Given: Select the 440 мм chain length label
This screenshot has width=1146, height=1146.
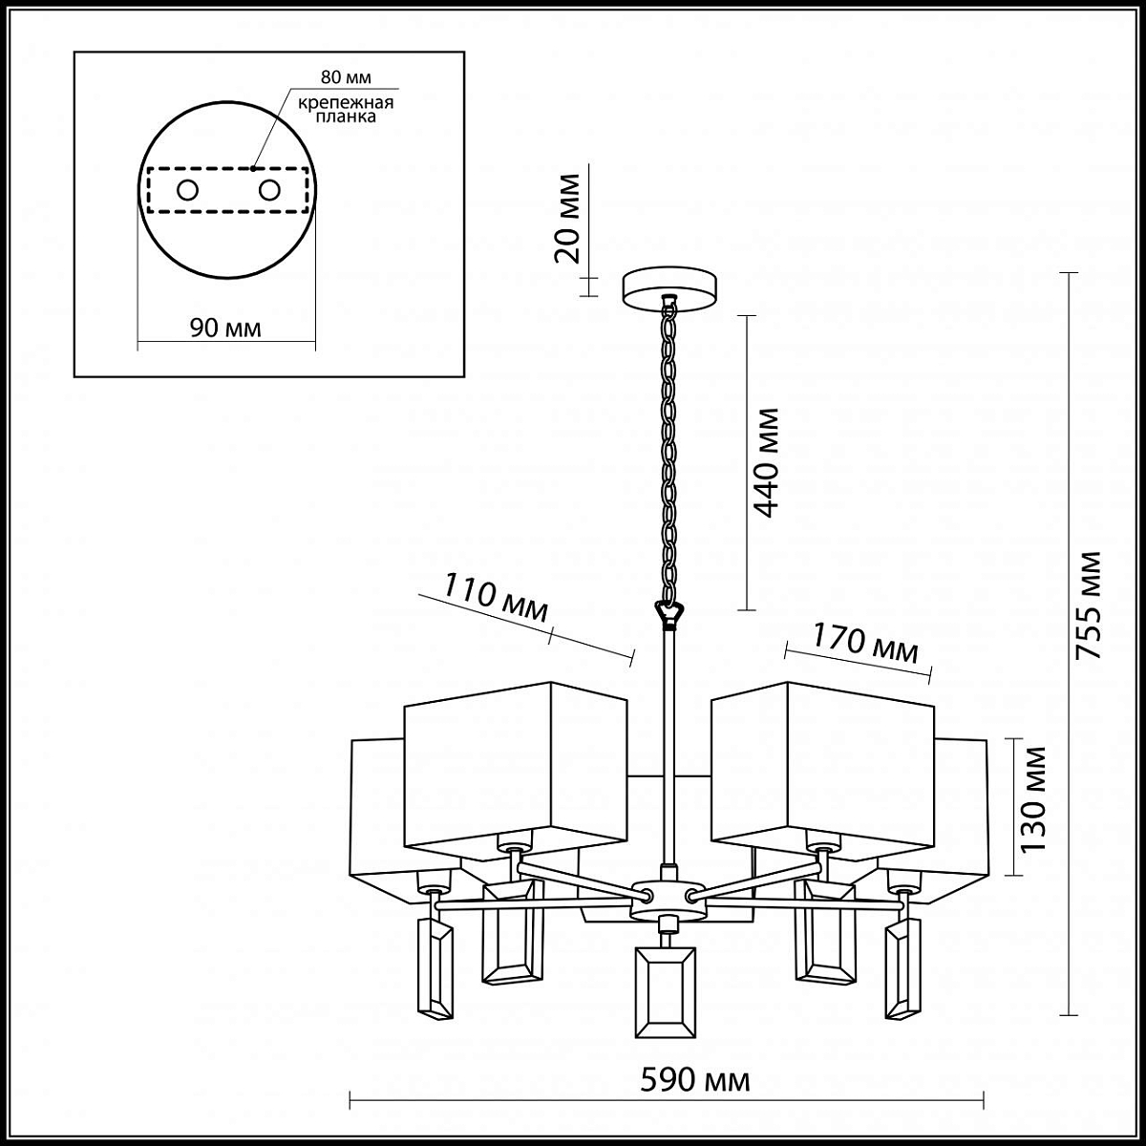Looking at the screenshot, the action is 765,463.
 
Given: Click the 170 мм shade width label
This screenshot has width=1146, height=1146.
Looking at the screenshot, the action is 865,644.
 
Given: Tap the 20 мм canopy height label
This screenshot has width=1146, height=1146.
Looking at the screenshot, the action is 567,219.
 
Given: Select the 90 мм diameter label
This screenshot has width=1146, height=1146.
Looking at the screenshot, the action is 225,328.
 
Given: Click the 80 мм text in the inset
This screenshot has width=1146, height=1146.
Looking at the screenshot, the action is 346,77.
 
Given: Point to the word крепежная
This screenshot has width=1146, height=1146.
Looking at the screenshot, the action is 346,102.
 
